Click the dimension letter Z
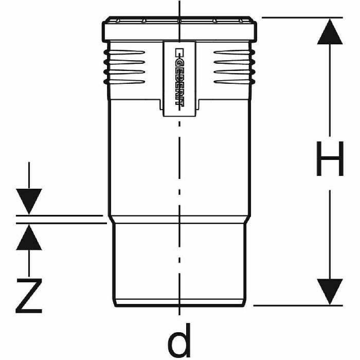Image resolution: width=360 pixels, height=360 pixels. (x=29, y=296)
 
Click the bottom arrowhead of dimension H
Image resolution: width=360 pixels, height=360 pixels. (x=329, y=291)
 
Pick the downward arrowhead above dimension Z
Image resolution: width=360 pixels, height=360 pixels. (x=29, y=201)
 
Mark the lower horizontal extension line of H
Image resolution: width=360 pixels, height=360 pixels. (x=298, y=305)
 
